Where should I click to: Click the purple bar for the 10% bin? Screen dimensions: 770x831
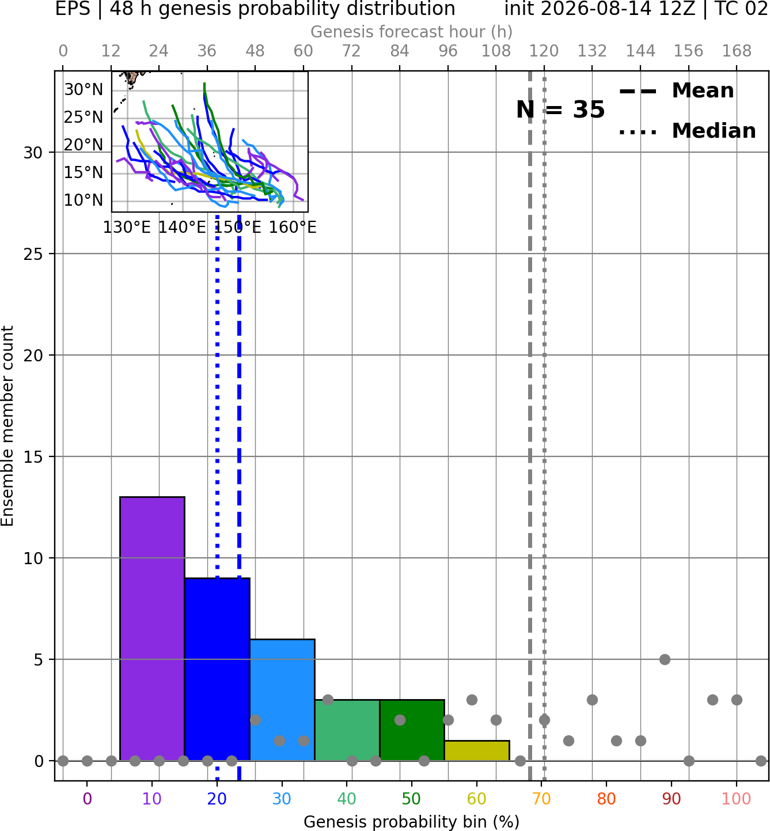152,629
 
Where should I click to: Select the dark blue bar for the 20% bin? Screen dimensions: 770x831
217,670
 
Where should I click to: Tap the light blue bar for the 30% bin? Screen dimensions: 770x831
282,700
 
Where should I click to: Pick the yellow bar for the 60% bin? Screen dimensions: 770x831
477,751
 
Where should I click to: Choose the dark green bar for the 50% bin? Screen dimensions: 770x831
412,731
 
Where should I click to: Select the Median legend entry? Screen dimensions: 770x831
687,131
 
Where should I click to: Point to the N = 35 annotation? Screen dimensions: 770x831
560,109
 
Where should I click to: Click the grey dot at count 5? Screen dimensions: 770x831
665,659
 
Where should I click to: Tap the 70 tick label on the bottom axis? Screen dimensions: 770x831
541,799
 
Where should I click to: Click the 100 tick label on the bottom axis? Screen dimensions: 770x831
737,799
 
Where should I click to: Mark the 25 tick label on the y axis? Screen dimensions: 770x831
33,254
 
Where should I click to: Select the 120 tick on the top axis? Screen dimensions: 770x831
544,51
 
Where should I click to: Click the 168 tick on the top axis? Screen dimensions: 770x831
737,51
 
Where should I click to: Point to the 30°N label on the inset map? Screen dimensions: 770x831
84,89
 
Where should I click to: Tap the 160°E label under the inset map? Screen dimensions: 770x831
293,227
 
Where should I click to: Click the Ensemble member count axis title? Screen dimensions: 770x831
7,426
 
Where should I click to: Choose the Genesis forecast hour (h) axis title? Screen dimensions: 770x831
412,32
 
